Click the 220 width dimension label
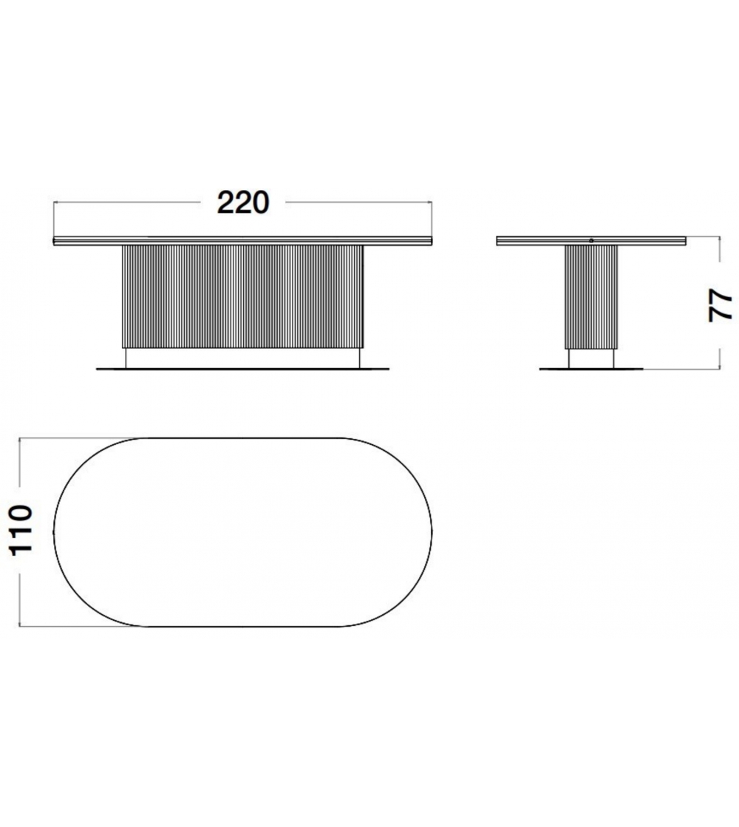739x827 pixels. coord(243,203)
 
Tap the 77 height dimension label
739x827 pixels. coord(720,304)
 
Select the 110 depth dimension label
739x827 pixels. coord(21,530)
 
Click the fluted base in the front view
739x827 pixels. coord(242,296)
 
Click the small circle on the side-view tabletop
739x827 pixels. coord(591,240)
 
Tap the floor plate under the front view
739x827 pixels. coord(242,369)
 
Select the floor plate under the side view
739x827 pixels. coord(592,369)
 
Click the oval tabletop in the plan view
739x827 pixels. coord(54,532)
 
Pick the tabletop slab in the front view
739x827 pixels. coord(242,240)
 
